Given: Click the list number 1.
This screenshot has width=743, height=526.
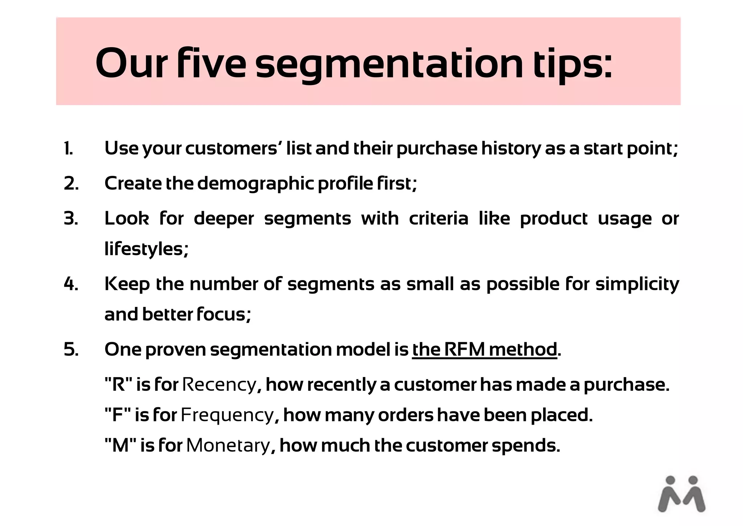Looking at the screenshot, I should click(x=68, y=149).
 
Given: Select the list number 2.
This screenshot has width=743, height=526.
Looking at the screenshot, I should click(x=71, y=183).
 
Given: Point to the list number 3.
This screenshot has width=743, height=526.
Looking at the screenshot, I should click(x=71, y=219).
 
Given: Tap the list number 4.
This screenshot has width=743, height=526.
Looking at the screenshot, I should click(x=71, y=284).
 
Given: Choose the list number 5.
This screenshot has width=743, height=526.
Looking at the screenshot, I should click(x=71, y=349).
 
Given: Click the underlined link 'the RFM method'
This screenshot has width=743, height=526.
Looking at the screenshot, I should click(x=484, y=349).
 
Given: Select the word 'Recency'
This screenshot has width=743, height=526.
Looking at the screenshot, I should click(x=219, y=385).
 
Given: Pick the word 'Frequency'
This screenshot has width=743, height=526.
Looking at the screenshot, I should click(x=227, y=415).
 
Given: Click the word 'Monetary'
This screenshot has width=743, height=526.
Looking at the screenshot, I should click(x=228, y=445).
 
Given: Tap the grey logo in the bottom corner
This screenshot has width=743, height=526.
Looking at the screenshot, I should click(x=681, y=494).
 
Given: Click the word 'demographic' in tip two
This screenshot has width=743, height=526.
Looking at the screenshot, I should click(x=255, y=184).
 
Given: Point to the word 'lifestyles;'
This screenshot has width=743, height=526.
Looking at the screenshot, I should click(x=147, y=250).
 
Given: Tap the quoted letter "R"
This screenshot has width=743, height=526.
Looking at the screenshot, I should click(x=118, y=385).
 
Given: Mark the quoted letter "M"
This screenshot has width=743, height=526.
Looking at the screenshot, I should click(x=120, y=445).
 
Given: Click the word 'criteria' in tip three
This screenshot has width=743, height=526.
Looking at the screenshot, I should click(x=439, y=219).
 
